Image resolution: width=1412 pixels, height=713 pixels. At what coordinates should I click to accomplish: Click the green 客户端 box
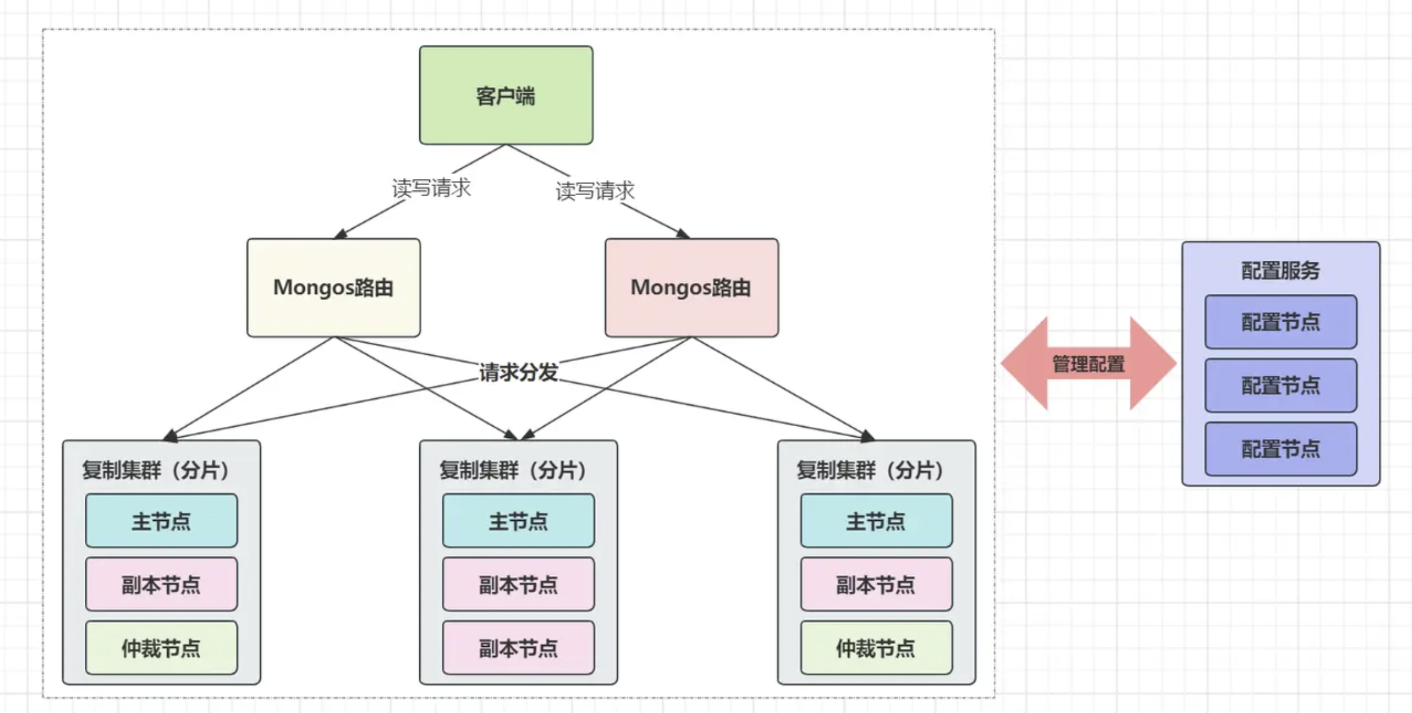coord(506,95)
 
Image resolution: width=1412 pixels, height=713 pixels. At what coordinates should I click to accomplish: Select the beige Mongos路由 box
coord(333,287)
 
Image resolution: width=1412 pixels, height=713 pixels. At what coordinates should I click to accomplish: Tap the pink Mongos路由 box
coord(691,287)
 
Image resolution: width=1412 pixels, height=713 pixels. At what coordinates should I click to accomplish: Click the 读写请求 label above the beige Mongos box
coord(431,188)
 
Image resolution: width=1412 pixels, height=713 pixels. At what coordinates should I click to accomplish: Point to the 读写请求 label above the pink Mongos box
coord(595,190)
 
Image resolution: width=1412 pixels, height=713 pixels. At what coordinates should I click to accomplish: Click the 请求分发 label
coord(518,372)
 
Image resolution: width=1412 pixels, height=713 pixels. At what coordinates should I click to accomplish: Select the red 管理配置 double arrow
coord(1089,364)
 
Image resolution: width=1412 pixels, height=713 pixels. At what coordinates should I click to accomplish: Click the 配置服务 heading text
coord(1280,271)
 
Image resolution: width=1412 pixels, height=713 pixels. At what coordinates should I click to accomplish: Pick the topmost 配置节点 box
coord(1280,322)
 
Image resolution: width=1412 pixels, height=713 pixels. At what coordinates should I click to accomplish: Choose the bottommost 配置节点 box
coord(1280,449)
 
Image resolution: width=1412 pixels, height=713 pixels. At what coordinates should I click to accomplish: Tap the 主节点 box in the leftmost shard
coord(161,521)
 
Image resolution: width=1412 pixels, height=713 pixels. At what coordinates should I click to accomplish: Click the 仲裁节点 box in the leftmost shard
coord(161,648)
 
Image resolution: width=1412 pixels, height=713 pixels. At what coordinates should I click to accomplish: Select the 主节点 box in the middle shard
coord(518,521)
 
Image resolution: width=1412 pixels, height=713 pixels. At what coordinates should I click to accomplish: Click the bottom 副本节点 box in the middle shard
coord(518,648)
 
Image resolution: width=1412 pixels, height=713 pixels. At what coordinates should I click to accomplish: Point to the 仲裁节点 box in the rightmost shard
coord(876,648)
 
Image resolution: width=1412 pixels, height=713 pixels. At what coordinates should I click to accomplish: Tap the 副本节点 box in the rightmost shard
coord(876,584)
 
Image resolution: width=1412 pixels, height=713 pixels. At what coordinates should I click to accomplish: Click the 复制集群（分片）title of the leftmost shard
coord(156,470)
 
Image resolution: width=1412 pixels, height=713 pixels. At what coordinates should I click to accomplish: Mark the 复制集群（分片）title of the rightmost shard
coord(870,470)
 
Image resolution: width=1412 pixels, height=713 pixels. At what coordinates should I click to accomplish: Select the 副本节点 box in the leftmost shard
coord(161,584)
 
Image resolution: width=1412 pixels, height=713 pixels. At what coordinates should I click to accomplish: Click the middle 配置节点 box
coord(1280,386)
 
